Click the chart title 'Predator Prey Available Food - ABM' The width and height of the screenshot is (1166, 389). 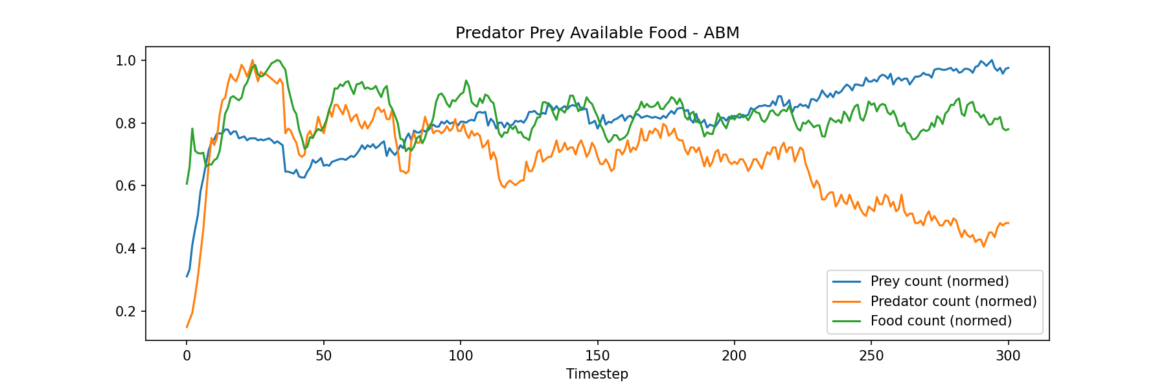[597, 33]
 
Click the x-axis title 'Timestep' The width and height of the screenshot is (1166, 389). [597, 374]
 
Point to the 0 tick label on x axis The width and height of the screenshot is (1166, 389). [187, 355]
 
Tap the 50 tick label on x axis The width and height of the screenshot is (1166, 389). [323, 355]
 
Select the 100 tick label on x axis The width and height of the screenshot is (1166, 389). [461, 355]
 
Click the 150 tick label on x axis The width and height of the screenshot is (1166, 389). [597, 355]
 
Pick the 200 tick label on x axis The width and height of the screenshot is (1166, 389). [735, 355]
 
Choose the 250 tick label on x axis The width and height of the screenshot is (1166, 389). [871, 355]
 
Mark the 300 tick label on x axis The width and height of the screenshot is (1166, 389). [1009, 355]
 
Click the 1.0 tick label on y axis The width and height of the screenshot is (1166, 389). [126, 61]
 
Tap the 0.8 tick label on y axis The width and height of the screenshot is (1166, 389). [126, 124]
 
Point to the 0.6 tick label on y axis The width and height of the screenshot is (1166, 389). [126, 186]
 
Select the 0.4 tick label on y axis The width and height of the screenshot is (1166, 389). [126, 249]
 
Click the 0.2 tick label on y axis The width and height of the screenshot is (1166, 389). [126, 312]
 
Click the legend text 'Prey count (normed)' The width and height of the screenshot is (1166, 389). [939, 281]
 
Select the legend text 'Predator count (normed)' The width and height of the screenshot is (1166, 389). [954, 301]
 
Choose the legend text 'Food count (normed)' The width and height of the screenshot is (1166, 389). [941, 321]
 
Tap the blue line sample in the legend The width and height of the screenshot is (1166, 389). [847, 281]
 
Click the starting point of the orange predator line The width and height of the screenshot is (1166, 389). [187, 327]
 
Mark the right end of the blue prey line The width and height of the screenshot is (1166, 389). [1009, 68]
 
